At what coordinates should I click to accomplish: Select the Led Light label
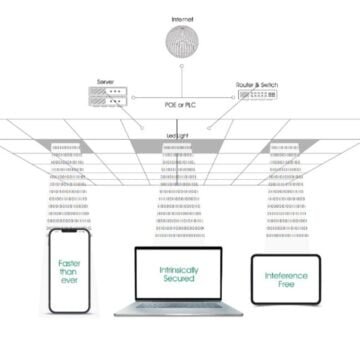(179, 133)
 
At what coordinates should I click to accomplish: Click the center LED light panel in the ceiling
(179, 148)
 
